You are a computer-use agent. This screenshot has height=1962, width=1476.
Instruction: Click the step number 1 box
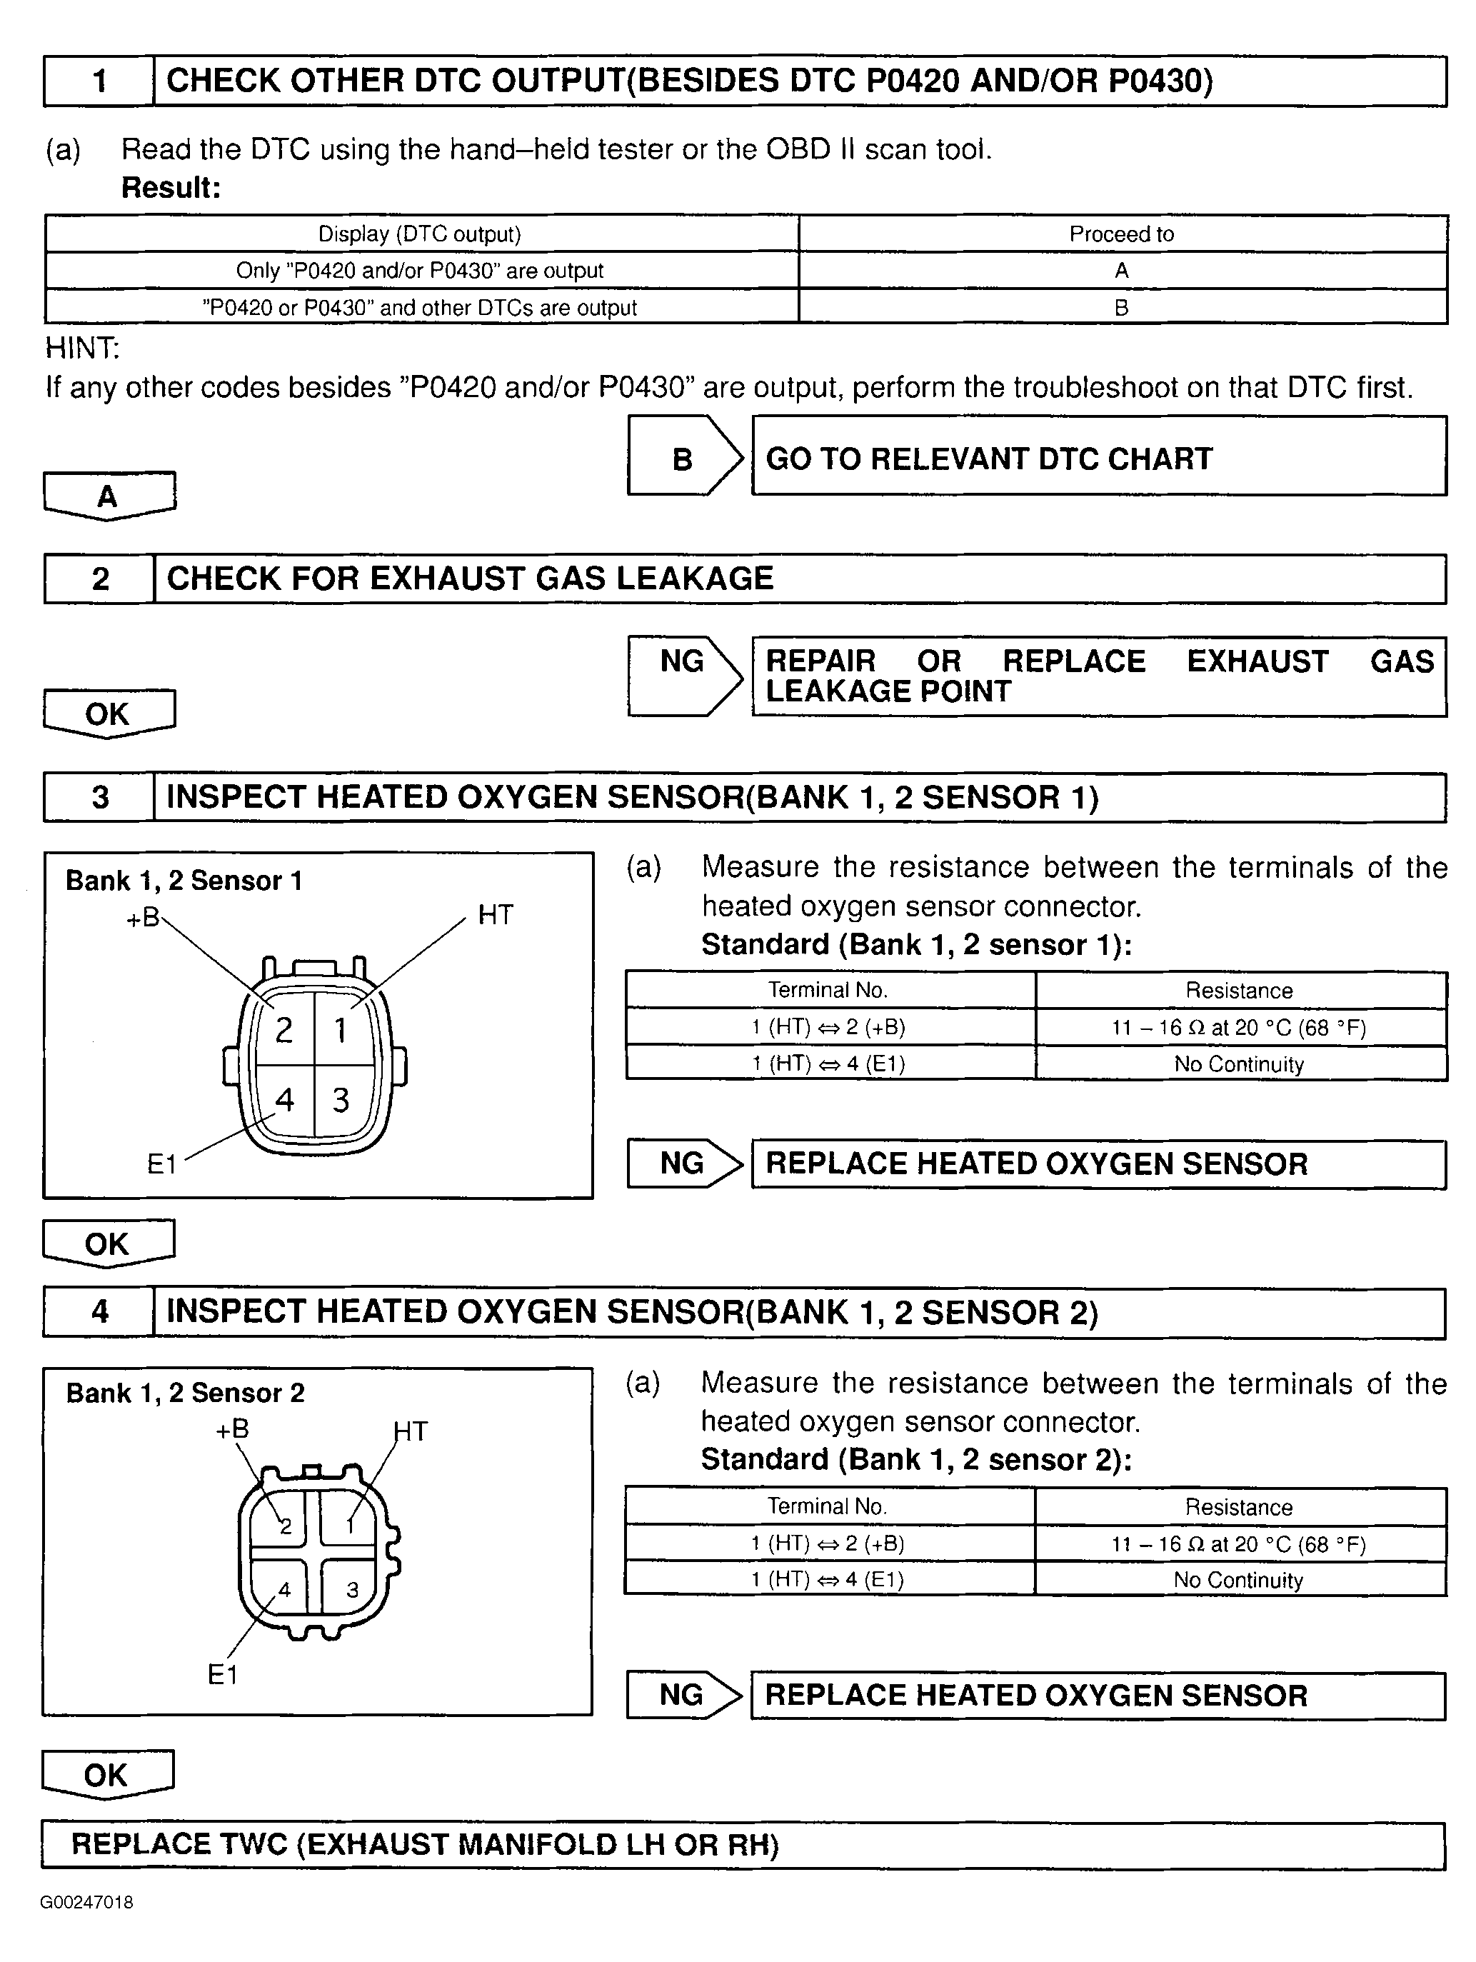click(99, 81)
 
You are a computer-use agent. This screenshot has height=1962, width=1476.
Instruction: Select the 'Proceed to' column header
click(1121, 234)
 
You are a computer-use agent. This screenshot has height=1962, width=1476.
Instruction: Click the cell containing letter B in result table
click(1121, 308)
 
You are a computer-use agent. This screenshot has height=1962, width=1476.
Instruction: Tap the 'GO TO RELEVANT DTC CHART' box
click(1098, 459)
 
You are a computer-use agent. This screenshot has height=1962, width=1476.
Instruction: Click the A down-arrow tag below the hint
click(109, 495)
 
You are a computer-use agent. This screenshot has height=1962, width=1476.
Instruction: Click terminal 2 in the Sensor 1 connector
click(284, 1030)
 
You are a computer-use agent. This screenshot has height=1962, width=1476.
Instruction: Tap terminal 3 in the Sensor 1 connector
click(341, 1101)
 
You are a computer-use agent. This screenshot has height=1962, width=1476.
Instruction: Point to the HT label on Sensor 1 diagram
click(495, 914)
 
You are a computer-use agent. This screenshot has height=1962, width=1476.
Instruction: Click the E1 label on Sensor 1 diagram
click(161, 1163)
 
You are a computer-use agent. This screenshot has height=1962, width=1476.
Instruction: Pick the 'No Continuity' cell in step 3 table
click(1238, 1064)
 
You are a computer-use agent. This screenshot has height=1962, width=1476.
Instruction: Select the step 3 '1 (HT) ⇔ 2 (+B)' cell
click(828, 1027)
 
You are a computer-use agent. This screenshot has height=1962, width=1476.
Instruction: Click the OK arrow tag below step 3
click(107, 1243)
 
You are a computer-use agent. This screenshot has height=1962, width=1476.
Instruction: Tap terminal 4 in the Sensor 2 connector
click(285, 1589)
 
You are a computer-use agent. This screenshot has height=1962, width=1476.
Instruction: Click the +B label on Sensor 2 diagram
click(232, 1429)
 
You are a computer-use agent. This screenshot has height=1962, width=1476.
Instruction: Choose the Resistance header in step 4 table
click(1238, 1507)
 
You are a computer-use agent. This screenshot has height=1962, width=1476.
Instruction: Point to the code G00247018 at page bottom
click(86, 1902)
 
